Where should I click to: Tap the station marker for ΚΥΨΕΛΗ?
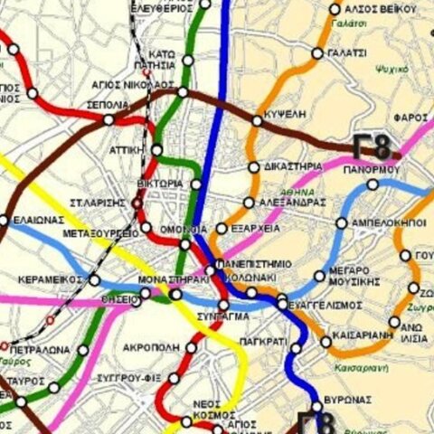(258, 118)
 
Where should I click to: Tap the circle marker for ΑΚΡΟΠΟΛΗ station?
(191, 347)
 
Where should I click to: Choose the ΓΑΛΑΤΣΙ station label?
(348, 53)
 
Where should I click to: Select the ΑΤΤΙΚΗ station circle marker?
(157, 149)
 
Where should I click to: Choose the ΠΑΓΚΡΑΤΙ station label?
(264, 342)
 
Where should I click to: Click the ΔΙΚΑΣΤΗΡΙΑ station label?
(293, 166)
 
